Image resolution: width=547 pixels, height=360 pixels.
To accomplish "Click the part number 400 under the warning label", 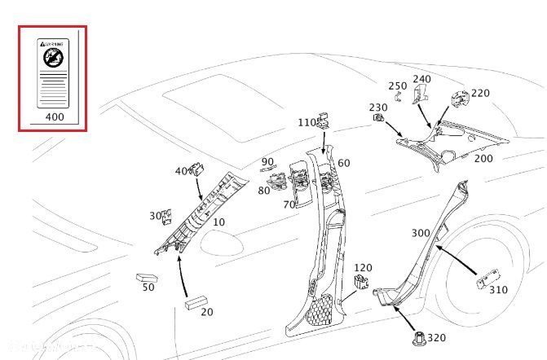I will [x=53, y=117].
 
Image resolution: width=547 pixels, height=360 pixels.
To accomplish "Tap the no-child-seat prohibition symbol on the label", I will [x=53, y=57].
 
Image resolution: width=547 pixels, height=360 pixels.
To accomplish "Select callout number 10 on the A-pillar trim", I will [x=218, y=222].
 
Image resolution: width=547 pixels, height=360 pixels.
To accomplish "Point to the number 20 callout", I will [x=207, y=313].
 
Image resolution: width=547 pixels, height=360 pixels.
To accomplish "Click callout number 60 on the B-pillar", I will [x=344, y=163].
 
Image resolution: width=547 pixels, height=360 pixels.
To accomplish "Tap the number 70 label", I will [x=289, y=205].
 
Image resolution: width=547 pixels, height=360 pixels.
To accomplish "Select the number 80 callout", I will [x=264, y=191].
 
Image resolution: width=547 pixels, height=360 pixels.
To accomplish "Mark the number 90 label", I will [x=268, y=162].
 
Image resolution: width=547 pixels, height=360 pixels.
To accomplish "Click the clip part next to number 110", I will [x=324, y=123].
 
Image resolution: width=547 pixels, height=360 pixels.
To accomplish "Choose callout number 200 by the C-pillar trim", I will [x=483, y=158].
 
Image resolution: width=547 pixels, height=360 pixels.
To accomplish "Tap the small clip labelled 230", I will [x=378, y=119].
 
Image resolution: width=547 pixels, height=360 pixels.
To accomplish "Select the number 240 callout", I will [x=421, y=79].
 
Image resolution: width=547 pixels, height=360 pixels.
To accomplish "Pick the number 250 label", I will [x=397, y=86].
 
